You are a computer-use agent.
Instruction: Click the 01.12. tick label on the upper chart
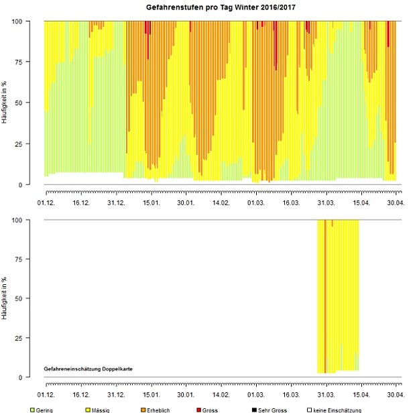[x=46, y=201]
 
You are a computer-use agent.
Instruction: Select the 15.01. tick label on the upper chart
[x=150, y=201]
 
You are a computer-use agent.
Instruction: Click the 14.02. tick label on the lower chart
[x=221, y=394]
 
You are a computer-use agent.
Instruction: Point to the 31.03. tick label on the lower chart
[x=326, y=394]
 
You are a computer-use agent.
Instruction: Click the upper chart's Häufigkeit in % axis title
[x=5, y=103]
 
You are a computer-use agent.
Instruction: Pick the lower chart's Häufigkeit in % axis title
[x=5, y=298]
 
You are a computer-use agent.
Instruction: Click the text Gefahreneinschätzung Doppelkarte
[x=91, y=369]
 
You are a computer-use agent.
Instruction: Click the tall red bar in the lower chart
[x=325, y=295]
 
